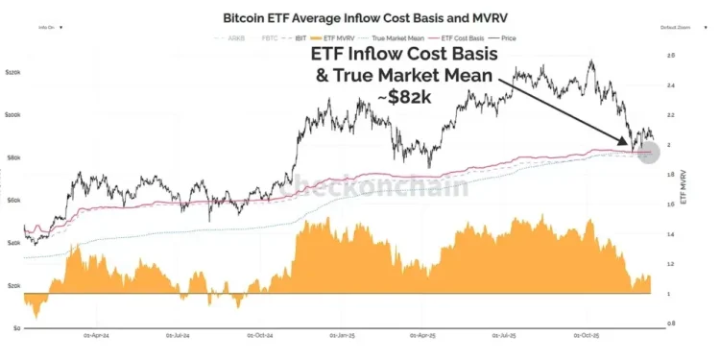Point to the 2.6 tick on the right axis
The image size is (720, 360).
click(x=669, y=56)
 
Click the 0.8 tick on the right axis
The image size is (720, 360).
click(x=669, y=324)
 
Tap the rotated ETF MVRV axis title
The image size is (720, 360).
click(x=684, y=192)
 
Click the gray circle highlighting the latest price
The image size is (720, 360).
click(x=648, y=152)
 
